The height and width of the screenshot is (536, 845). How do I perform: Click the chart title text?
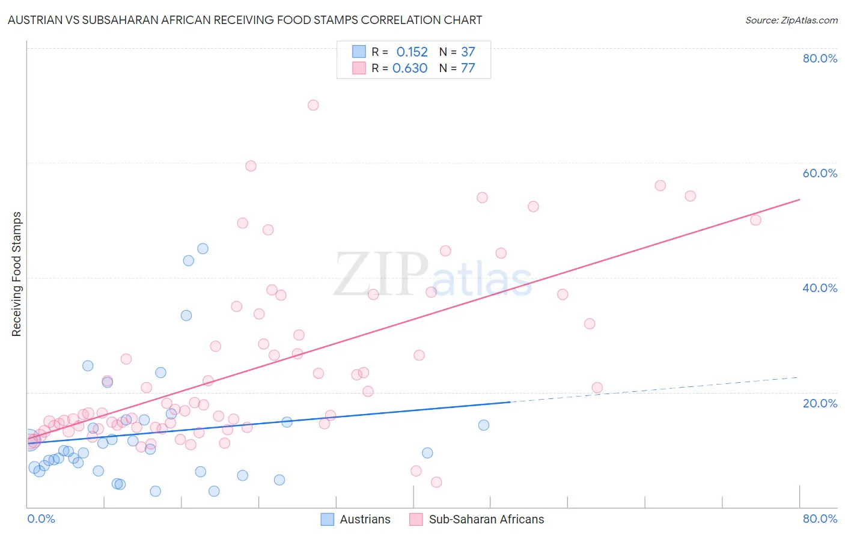(245, 20)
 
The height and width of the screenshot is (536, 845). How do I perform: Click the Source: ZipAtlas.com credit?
(791, 20)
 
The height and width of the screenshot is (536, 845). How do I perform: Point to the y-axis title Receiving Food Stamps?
(17, 274)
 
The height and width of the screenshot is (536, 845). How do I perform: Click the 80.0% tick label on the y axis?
(820, 58)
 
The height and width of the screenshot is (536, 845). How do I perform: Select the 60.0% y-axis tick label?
(820, 173)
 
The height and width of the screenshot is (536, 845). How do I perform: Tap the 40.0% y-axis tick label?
(820, 288)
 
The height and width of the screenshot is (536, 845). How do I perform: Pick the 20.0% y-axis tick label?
(820, 403)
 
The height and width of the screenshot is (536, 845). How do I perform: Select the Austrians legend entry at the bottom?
(356, 519)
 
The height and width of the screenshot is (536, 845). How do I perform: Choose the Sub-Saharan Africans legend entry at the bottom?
(477, 519)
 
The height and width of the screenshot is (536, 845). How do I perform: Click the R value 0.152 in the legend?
(412, 52)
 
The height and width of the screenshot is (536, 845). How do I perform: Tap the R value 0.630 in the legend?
(410, 69)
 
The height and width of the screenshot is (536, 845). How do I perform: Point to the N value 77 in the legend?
(468, 69)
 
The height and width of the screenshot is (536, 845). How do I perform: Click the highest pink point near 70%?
(313, 105)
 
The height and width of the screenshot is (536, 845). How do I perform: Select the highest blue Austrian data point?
(203, 249)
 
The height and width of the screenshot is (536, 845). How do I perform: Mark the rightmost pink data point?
(755, 220)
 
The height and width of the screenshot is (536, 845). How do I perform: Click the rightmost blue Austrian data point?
(484, 425)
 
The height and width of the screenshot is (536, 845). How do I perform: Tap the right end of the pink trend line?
(799, 199)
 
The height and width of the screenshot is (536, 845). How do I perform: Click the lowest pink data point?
(436, 482)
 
